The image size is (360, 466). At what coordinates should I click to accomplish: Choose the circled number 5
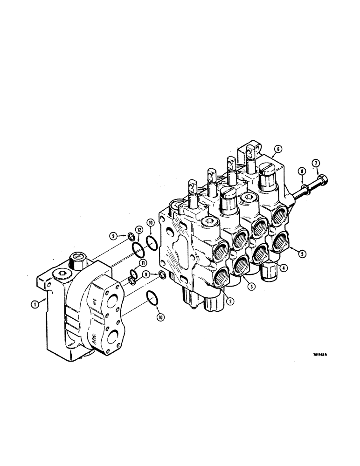(302, 254)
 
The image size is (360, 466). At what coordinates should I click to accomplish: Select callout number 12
(138, 229)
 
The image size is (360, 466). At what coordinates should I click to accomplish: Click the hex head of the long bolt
(324, 179)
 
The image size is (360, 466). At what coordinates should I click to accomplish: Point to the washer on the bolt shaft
(305, 190)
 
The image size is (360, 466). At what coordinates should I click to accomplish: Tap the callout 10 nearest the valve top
(151, 223)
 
